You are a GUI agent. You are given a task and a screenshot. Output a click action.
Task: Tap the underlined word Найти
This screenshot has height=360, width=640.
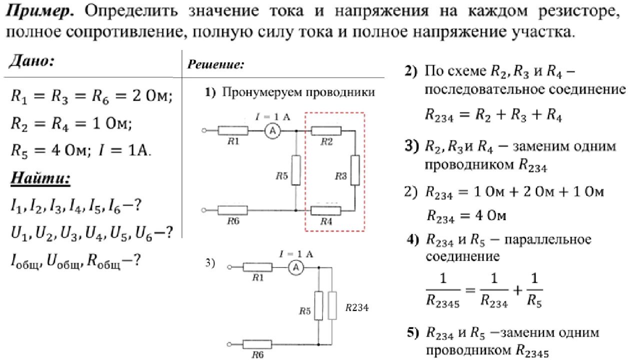[40, 178]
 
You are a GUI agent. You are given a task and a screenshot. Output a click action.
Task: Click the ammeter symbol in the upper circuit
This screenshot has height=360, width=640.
[272, 130]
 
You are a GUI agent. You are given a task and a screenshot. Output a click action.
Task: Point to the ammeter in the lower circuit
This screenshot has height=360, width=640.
[295, 268]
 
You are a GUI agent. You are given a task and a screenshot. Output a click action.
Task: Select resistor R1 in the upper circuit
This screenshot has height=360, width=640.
[233, 130]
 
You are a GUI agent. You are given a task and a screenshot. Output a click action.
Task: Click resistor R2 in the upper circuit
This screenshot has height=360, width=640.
[326, 131]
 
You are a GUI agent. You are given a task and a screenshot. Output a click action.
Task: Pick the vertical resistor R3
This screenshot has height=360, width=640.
[355, 170]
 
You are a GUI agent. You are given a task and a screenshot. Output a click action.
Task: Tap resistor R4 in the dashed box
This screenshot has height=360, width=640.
[326, 210]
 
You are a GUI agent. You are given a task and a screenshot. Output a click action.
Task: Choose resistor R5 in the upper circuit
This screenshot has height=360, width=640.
[296, 170]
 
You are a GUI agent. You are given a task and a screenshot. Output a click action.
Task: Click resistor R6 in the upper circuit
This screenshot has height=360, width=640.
[233, 210]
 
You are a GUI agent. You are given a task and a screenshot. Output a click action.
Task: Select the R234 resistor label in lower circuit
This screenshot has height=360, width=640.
[357, 308]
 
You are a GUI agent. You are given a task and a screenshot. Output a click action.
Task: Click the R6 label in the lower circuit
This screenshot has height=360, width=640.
[258, 354]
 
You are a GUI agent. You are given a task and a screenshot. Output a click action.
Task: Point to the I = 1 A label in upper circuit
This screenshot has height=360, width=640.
[273, 116]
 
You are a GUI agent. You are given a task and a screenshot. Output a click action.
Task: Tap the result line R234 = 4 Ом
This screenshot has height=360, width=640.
[466, 216]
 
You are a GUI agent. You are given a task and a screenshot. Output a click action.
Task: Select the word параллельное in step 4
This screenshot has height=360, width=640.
[549, 239]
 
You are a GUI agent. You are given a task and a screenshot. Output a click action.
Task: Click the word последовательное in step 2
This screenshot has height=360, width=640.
[501, 90]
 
